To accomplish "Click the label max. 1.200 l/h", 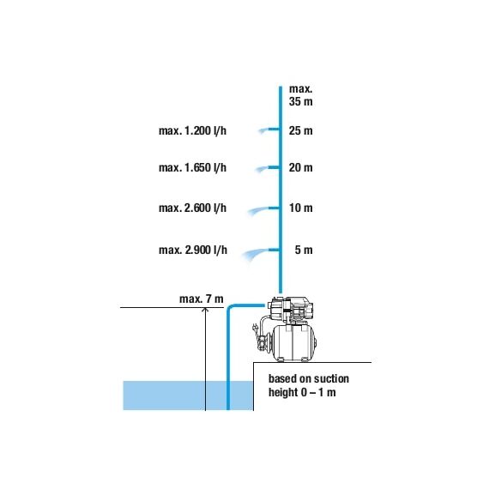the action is pos(192,130).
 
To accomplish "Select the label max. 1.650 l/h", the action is pos(192,168).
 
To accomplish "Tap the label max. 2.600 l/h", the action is pos(192,208).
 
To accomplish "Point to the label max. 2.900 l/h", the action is pos(193,251).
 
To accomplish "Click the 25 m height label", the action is pos(300,130).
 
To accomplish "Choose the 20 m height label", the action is pos(300,168).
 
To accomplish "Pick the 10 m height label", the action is pos(300,208).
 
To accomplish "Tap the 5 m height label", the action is pos(304,251).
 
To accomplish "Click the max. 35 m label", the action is pos(300,95).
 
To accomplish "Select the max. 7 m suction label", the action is pos(201,299).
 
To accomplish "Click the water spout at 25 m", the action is pos(269,130).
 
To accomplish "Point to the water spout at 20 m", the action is pos(267,169).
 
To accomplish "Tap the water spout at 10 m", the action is pos(263,210).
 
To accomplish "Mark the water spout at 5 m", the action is pos(261,252).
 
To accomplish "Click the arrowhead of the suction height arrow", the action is pos(205,310).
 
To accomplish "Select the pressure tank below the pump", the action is pos(293,343).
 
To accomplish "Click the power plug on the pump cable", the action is pos(255,328).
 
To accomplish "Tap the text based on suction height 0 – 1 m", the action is pos(308,385).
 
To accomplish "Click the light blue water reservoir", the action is pos(188,395).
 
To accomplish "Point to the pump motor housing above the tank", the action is pos(289,310).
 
